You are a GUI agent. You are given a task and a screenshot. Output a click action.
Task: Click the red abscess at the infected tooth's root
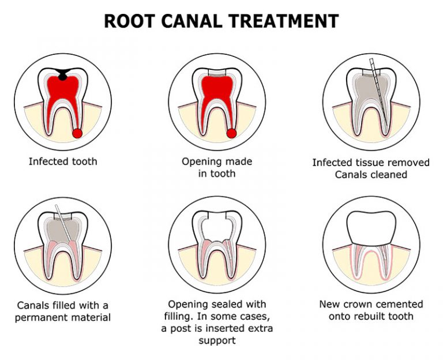click(x=77, y=134)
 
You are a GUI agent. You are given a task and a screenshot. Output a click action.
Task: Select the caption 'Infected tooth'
click(x=63, y=162)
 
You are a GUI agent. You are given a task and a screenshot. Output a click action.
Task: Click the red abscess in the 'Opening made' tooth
click(x=231, y=134)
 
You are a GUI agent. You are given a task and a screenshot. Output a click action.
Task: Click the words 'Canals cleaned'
click(x=371, y=175)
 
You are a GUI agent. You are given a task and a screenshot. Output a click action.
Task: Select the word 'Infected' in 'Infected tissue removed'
click(x=333, y=163)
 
